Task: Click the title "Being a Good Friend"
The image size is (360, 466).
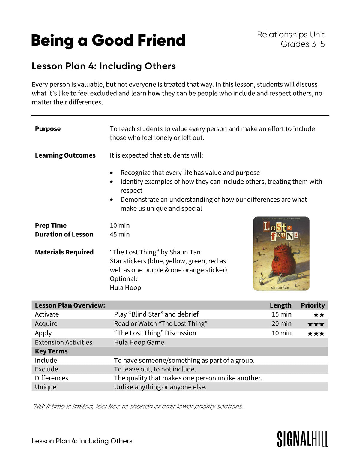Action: (x=108, y=41)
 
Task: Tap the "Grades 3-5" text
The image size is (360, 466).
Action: (x=302, y=44)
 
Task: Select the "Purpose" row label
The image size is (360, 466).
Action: (x=48, y=129)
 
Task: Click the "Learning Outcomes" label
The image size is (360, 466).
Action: (x=65, y=155)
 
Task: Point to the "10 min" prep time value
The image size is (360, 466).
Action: (x=120, y=225)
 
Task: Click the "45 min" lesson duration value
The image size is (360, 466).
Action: (x=120, y=234)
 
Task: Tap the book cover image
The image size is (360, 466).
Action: (x=281, y=254)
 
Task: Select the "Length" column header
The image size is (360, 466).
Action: (x=280, y=305)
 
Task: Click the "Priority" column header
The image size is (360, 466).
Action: (x=313, y=305)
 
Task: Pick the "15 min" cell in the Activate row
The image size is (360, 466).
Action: (x=281, y=314)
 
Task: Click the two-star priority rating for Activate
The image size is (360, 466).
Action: (x=319, y=315)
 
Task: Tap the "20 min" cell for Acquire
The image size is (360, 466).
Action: (x=281, y=323)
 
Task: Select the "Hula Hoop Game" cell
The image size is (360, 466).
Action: (x=139, y=342)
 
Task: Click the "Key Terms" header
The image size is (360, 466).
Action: (x=51, y=351)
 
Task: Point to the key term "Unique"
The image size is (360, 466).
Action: (x=46, y=387)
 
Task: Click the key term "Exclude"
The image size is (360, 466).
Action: (x=46, y=369)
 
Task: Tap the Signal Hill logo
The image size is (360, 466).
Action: (x=302, y=440)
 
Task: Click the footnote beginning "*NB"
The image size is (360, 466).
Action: (x=138, y=406)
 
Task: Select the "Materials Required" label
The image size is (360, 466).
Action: (x=64, y=252)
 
